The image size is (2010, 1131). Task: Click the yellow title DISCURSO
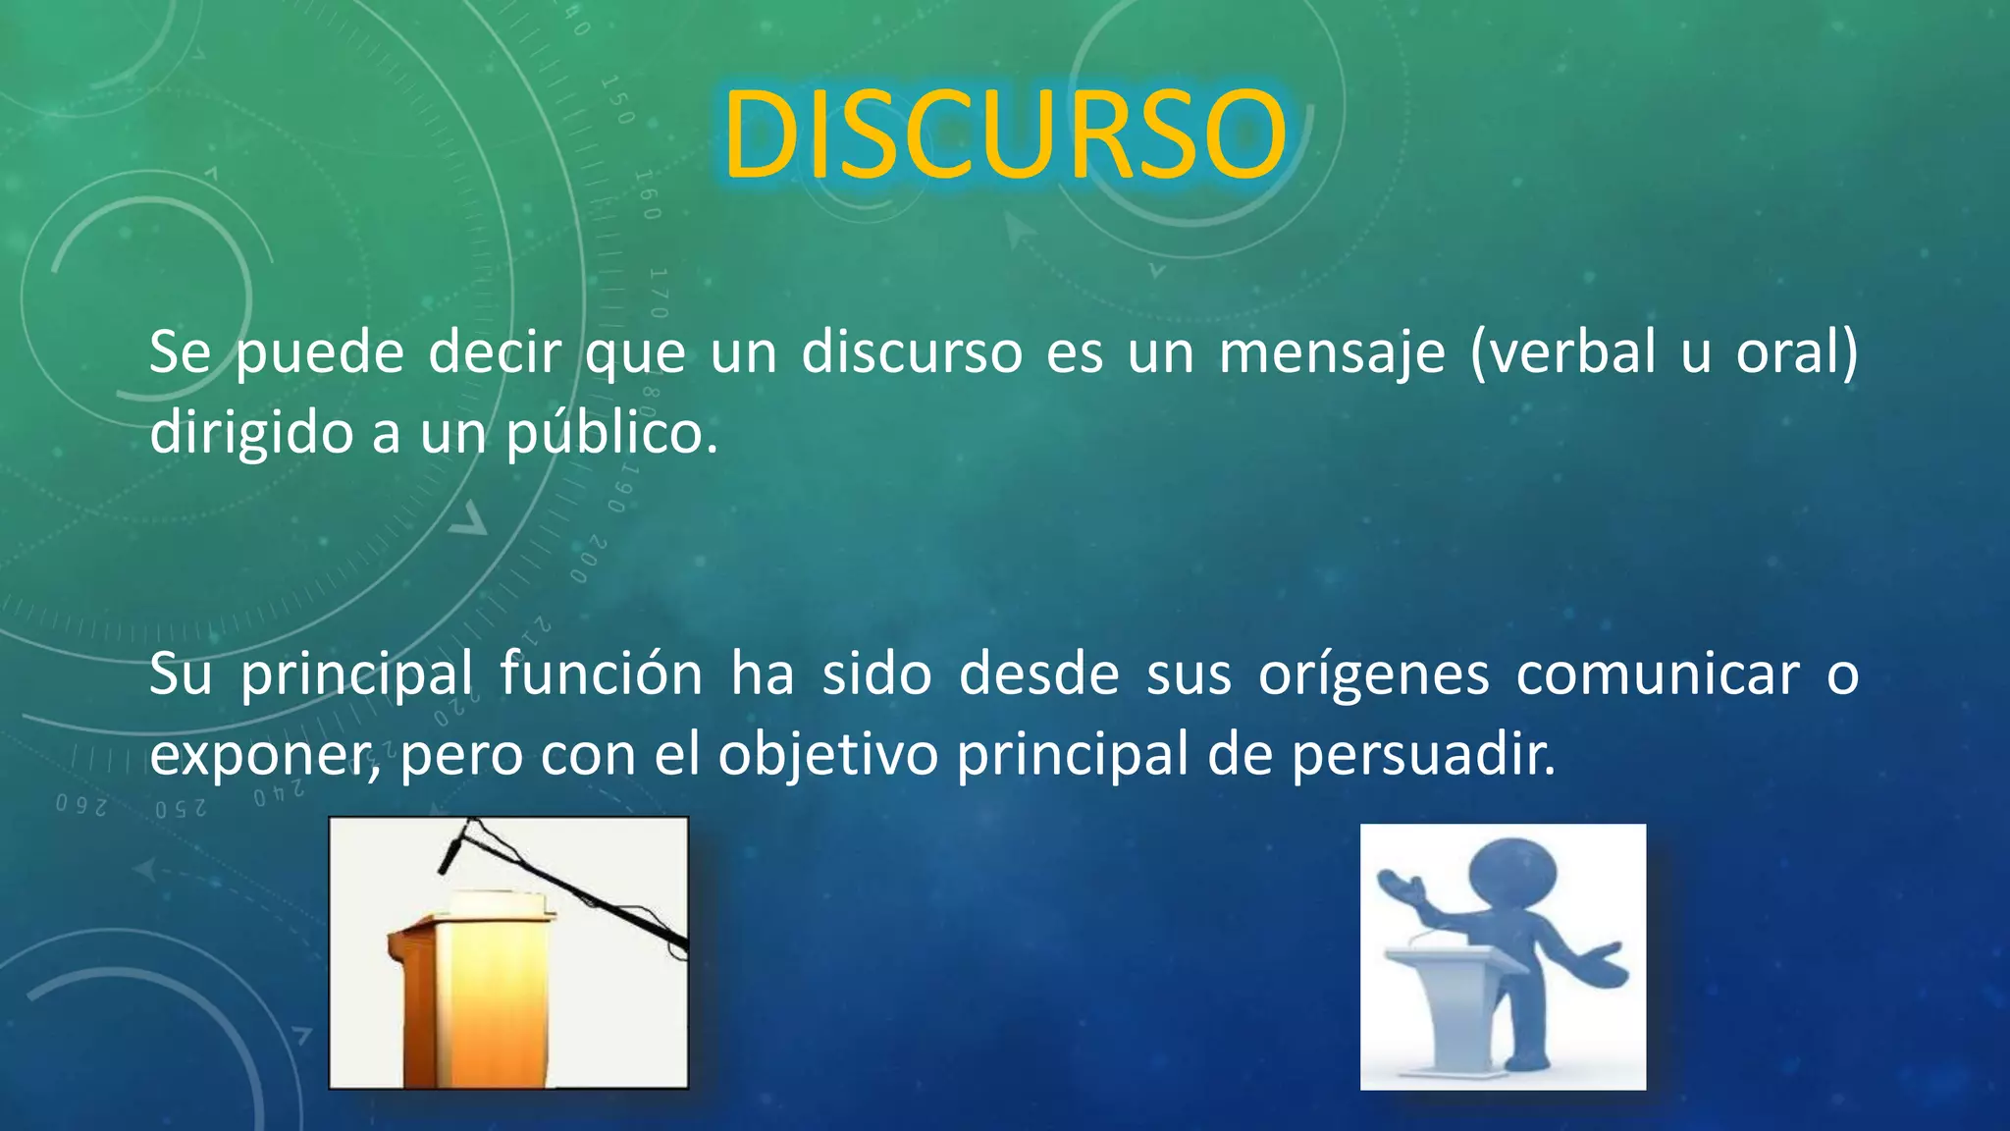tap(1004, 135)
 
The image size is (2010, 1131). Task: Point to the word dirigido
tap(251, 434)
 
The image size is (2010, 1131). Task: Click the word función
tap(601, 674)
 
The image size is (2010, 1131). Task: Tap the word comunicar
tap(1658, 674)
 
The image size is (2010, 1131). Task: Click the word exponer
tap(265, 756)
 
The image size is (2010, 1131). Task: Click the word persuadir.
tap(1423, 756)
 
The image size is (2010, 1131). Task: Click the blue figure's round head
tap(1511, 873)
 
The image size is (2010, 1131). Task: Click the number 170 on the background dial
tap(659, 293)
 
